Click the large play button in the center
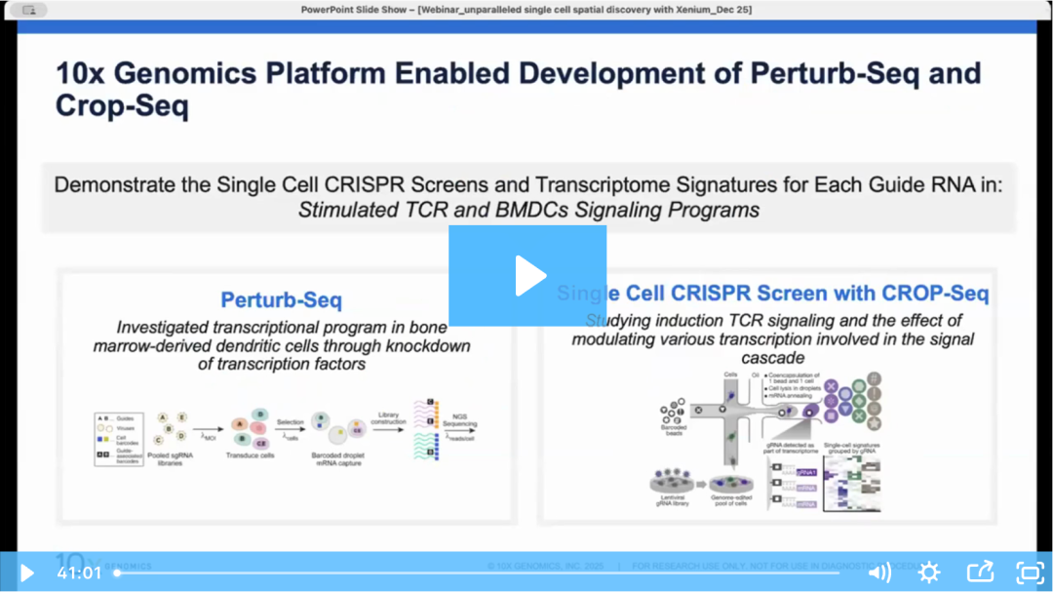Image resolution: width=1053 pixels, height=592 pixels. pos(527,276)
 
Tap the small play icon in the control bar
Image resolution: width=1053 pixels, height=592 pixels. pos(27,572)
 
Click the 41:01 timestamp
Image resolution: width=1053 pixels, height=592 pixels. pos(78,572)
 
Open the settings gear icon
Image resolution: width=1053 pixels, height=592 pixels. pos(929,572)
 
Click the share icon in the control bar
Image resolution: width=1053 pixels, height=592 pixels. pos(980,572)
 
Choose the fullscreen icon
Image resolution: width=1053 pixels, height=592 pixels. pos(1030,572)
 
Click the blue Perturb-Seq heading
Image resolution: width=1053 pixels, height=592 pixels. pos(282,299)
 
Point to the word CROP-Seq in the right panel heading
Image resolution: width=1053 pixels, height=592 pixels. pos(935,294)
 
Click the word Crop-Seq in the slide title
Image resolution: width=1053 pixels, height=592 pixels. pos(122,105)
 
